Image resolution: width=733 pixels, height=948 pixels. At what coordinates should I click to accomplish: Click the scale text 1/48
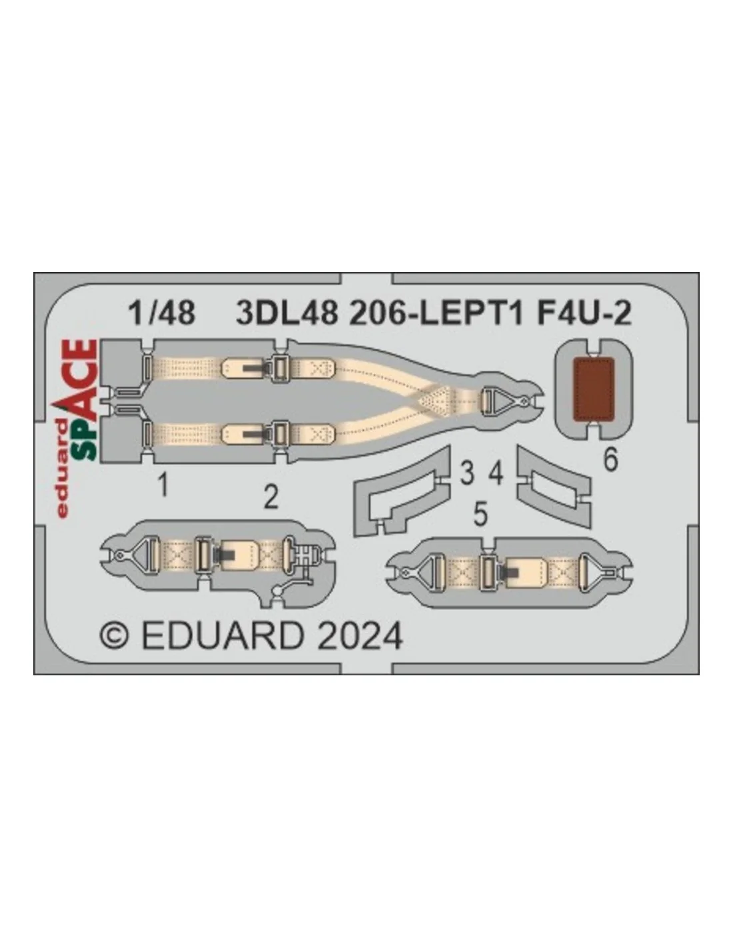(162, 313)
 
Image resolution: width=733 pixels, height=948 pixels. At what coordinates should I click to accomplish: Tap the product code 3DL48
(287, 313)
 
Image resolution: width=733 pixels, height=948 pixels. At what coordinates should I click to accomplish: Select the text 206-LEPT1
(436, 313)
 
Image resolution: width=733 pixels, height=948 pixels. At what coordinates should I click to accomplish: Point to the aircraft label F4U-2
(584, 313)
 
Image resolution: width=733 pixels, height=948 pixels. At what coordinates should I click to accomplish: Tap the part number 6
(610, 459)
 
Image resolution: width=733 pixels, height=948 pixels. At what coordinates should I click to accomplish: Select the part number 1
(163, 485)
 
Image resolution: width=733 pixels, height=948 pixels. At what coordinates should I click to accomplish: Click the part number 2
(271, 497)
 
